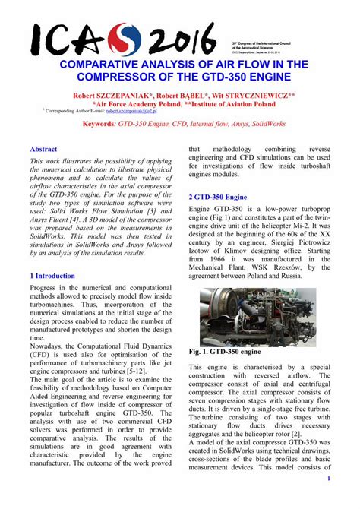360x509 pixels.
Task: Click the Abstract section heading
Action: click(44, 150)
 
